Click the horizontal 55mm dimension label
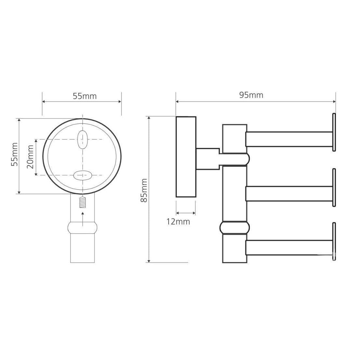click(85, 96)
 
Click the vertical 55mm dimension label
click(15, 154)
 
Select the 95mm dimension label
click(251, 95)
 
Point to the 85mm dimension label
click(144, 190)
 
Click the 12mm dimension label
click(178, 222)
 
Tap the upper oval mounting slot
click(82, 140)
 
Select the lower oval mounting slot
click(83, 175)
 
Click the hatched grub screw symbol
click(83, 202)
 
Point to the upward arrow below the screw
click(83, 219)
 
